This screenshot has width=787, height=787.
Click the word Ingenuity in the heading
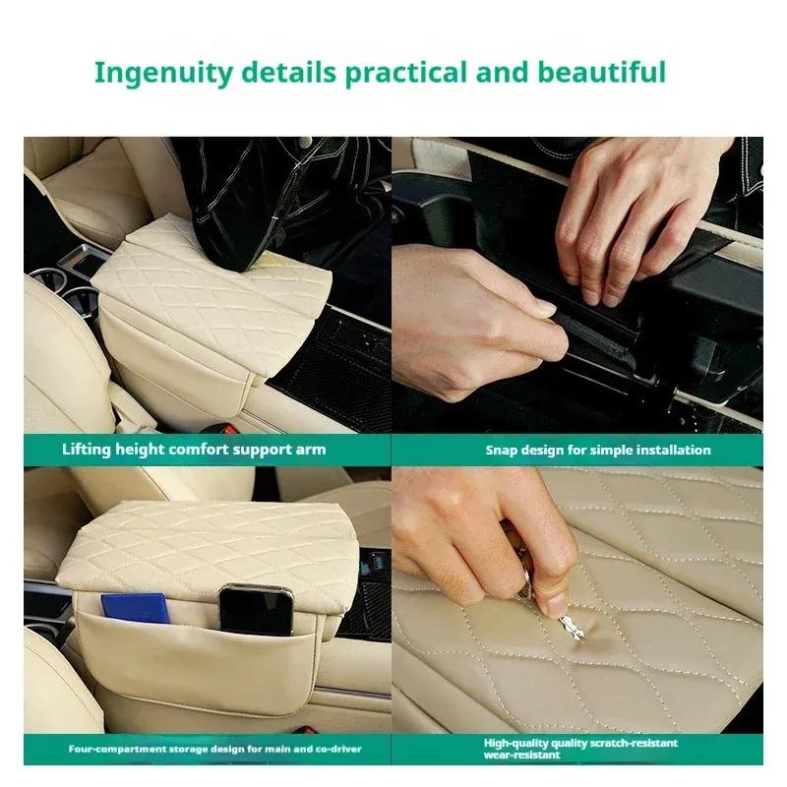click(163, 73)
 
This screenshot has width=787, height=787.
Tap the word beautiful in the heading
click(602, 72)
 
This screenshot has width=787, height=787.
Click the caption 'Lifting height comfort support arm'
click(194, 450)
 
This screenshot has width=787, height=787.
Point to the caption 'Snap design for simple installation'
click(598, 450)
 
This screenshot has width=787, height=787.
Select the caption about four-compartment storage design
click(214, 749)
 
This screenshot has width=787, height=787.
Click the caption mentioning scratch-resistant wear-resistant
click(580, 749)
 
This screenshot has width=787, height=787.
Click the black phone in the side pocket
click(256, 610)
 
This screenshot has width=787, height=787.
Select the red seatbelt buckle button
click(230, 430)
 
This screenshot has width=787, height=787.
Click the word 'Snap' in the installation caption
click(502, 451)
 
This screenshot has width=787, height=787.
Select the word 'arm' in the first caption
click(312, 451)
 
